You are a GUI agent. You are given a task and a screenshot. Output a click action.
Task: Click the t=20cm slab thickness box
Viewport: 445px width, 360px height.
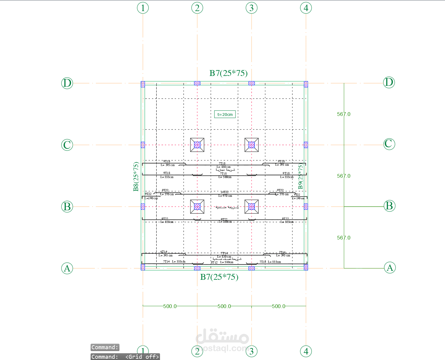225,114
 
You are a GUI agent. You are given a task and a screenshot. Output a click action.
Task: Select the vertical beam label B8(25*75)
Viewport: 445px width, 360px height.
136,176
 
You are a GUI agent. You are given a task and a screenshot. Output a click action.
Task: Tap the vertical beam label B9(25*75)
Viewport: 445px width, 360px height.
300,176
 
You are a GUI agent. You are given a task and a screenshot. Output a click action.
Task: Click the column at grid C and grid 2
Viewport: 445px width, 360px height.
197,145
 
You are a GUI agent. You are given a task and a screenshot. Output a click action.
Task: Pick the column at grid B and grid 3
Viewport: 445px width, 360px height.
252,207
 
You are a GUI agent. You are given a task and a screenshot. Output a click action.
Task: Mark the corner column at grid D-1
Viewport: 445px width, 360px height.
143,84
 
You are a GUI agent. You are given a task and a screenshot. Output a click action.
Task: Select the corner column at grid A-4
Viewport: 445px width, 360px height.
306,267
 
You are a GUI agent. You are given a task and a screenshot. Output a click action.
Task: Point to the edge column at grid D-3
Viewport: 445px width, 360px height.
252,83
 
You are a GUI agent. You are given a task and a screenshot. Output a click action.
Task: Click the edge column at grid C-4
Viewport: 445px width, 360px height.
306,145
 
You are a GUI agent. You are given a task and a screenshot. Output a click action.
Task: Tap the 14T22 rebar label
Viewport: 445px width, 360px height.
224,192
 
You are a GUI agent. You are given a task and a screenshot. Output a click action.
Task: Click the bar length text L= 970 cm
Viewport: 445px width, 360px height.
225,196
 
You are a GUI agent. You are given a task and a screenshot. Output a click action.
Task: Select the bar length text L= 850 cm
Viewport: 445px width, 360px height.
224,167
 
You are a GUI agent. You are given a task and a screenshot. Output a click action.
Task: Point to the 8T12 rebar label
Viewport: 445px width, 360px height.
214,263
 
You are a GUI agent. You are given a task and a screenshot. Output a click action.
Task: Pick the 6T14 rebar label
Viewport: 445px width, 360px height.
164,252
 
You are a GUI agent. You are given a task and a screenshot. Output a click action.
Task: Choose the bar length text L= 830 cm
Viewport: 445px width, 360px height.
224,257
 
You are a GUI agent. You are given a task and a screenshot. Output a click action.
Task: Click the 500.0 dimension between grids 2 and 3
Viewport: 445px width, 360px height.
224,306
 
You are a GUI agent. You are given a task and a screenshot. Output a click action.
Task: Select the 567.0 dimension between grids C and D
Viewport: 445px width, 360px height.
344,114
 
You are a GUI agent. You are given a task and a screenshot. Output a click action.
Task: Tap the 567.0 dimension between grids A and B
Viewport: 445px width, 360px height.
344,238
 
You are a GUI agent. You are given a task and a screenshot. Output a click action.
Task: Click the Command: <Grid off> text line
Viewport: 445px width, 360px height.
125,357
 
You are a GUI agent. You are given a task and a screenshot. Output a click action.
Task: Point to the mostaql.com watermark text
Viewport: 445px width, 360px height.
222,348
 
